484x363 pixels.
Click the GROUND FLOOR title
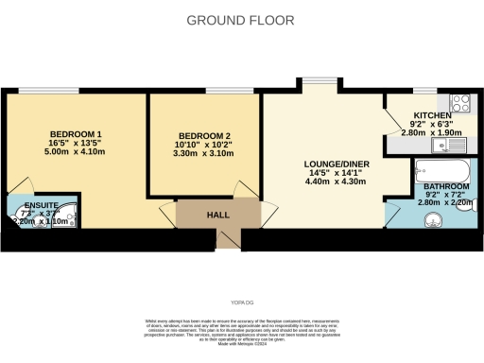[x=240, y=20]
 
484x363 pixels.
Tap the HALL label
[x=219, y=215]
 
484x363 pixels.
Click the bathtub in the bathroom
[x=443, y=171]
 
